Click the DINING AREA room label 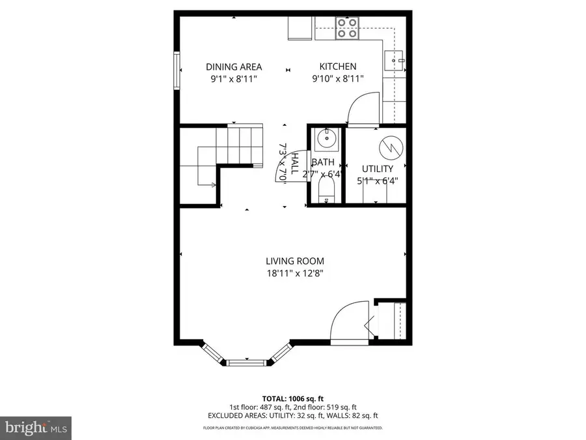[x=234, y=66]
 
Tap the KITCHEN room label [x=337, y=66]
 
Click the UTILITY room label [x=378, y=169]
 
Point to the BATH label [x=323, y=162]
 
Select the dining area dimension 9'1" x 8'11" [x=234, y=79]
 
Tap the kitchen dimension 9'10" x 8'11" [x=337, y=79]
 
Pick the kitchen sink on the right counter [x=395, y=61]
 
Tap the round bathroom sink [x=324, y=139]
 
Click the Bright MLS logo [x=36, y=428]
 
